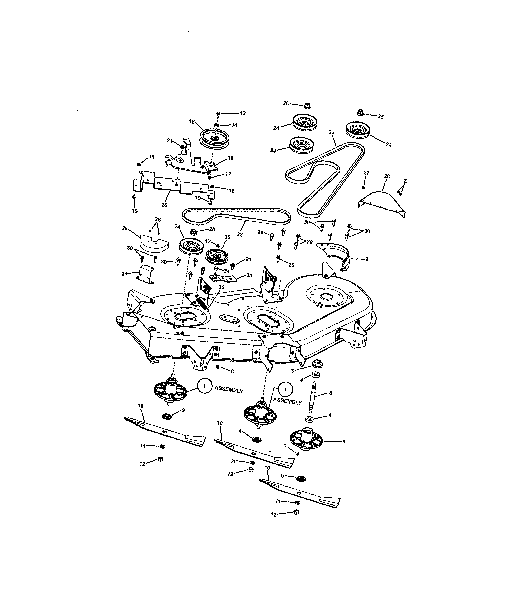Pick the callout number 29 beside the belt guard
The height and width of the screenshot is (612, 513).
(x=125, y=229)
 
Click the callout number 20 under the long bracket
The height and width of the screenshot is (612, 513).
(x=164, y=205)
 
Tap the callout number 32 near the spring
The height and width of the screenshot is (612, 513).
(x=222, y=287)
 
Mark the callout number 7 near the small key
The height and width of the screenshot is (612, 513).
(x=286, y=446)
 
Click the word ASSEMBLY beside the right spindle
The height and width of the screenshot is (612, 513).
(x=287, y=402)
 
